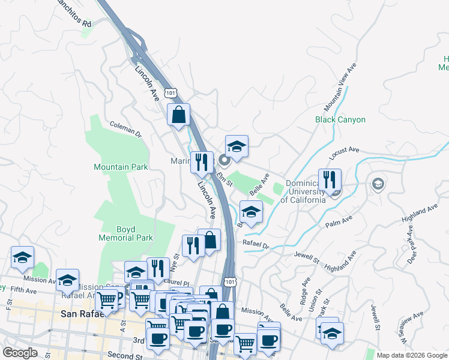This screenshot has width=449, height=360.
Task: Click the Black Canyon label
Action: click(340, 119)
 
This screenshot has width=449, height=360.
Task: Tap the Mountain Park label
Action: click(121, 166)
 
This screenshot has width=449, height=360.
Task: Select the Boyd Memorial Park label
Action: click(126, 233)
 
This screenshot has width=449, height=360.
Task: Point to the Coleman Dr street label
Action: click(125, 128)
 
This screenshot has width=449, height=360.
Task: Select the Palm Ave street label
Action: click(337, 224)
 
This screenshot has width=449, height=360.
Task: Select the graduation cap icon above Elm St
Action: click(237, 146)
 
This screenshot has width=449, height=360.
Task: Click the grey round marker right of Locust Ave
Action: click(378, 183)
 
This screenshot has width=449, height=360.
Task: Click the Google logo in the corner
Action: click(20, 353)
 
